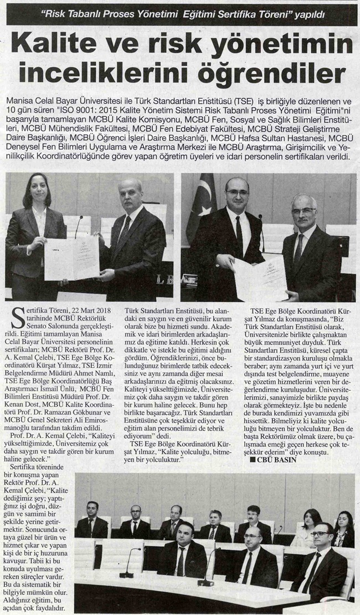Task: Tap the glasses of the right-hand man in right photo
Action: (304, 211)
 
